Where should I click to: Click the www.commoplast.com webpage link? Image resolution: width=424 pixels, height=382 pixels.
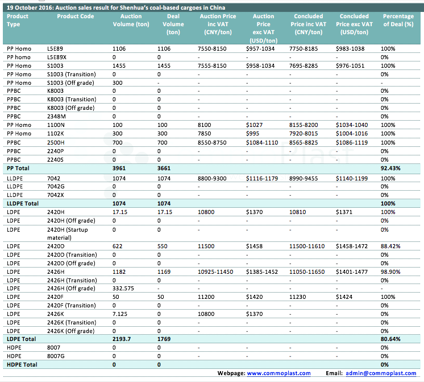coord(278,373)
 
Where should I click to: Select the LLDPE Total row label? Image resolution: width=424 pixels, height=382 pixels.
coord(22,203)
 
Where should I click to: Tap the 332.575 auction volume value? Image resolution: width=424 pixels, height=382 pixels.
coord(125,289)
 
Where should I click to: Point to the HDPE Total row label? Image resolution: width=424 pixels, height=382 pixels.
coord(22,364)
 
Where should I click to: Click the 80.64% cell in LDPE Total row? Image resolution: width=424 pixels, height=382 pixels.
coord(390,339)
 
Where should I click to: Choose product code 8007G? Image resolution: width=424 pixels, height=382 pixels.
coord(57,355)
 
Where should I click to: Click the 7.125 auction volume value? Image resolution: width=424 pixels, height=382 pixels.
coord(120,314)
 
